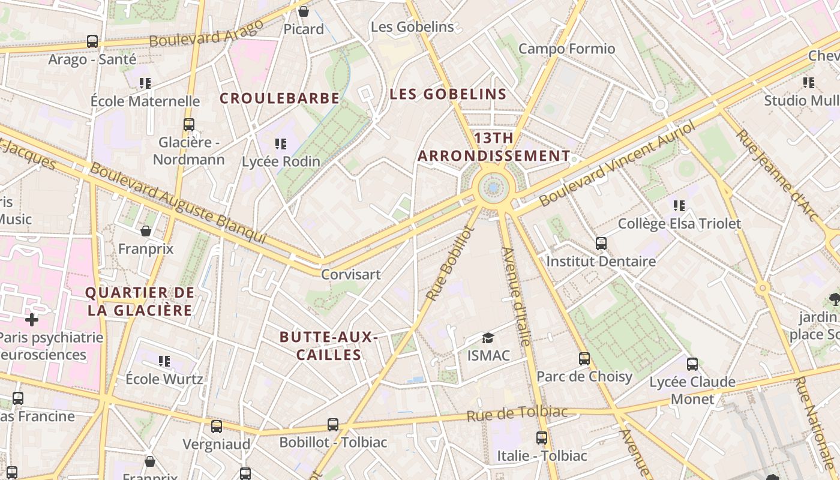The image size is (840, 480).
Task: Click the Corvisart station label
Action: pyautogui.click(x=351, y=274)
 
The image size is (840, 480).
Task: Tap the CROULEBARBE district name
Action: pyautogui.click(x=280, y=98)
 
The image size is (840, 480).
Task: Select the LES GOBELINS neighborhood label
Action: pyautogui.click(x=448, y=94)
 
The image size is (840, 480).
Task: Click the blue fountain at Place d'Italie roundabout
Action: pyautogui.click(x=494, y=188)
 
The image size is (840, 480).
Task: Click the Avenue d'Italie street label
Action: pyautogui.click(x=516, y=296)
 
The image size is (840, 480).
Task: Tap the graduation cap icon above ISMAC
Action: pyautogui.click(x=488, y=338)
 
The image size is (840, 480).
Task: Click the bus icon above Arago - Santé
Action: pyautogui.click(x=92, y=41)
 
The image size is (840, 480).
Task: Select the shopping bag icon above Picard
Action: pyautogui.click(x=304, y=11)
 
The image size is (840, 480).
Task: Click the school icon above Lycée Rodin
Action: pyautogui.click(x=280, y=144)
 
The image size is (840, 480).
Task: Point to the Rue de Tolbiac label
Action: pyautogui.click(x=517, y=413)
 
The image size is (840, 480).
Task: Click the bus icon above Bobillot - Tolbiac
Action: pyautogui.click(x=333, y=425)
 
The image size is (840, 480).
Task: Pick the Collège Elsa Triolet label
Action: pyautogui.click(x=679, y=224)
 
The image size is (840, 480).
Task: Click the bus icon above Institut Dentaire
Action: pyautogui.click(x=601, y=244)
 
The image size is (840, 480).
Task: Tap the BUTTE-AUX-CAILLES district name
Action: pyautogui.click(x=329, y=346)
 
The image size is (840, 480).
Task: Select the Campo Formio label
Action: pyautogui.click(x=566, y=49)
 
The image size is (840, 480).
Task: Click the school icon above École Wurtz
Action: pyautogui.click(x=164, y=361)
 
